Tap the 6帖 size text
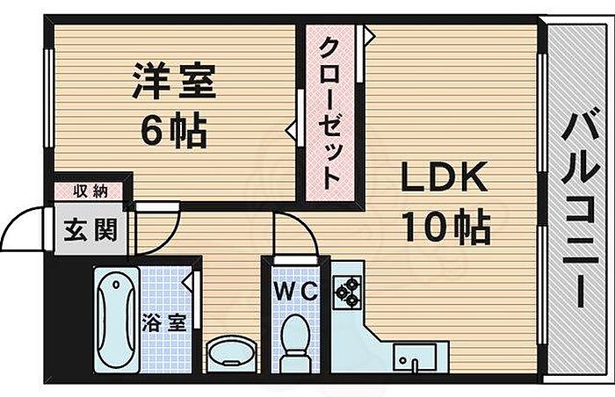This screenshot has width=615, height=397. (x=175, y=132)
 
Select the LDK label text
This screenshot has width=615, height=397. (x=444, y=179)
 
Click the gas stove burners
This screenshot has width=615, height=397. (x=346, y=292)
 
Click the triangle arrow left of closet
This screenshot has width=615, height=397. (x=291, y=130)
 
